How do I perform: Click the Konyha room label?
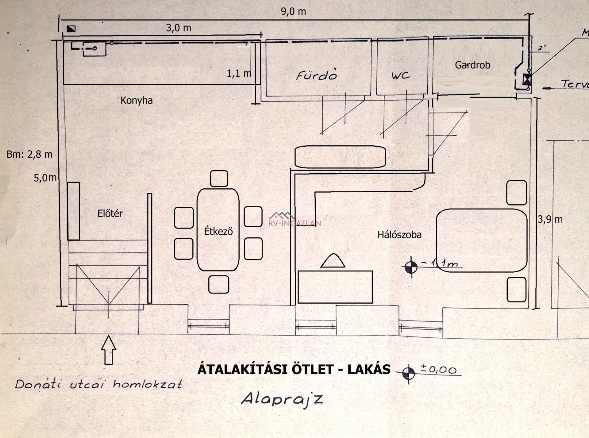[136, 100]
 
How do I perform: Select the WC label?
[401, 75]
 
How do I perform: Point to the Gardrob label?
[472, 65]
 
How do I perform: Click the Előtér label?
[110, 213]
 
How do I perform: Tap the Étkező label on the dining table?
[218, 231]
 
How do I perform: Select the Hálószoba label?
[399, 235]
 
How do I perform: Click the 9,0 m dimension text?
[293, 12]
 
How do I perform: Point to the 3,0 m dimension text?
[179, 28]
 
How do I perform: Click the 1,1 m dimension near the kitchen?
[239, 73]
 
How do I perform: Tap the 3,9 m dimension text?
[550, 219]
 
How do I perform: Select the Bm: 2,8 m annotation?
[29, 154]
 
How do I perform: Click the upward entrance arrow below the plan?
[109, 350]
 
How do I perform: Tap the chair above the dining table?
[219, 179]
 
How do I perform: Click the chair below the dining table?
[218, 284]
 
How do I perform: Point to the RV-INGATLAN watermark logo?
[294, 220]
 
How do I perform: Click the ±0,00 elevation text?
[439, 369]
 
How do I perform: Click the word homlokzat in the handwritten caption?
[148, 384]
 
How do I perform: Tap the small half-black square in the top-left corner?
[71, 29]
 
